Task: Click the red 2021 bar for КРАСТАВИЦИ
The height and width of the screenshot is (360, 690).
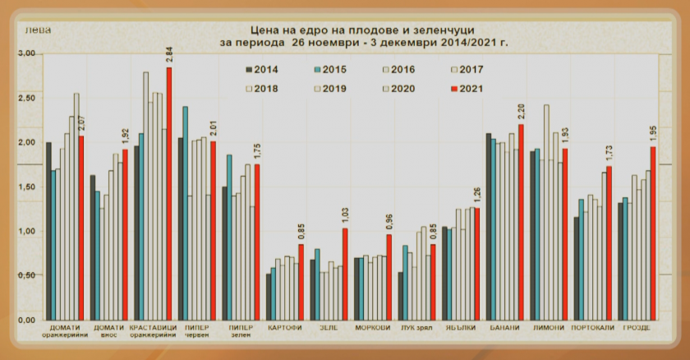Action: [x=169, y=194]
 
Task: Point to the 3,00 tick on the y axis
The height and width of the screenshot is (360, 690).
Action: [x=28, y=53]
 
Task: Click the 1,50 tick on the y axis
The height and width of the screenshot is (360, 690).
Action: [x=28, y=187]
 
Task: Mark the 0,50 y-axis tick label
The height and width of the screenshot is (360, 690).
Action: [x=28, y=276]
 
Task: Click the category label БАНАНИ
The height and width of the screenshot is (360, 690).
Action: [x=504, y=329]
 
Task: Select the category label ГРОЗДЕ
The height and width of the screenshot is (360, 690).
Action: [x=637, y=329]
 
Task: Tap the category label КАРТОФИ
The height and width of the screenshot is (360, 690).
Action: [x=284, y=329]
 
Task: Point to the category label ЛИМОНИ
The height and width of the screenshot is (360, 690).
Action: [x=549, y=329]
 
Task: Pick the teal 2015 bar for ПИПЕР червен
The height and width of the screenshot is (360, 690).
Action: [x=186, y=214]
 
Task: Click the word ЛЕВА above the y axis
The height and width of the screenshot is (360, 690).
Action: [x=36, y=31]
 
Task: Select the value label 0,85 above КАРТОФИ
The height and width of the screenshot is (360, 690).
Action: [x=301, y=232]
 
